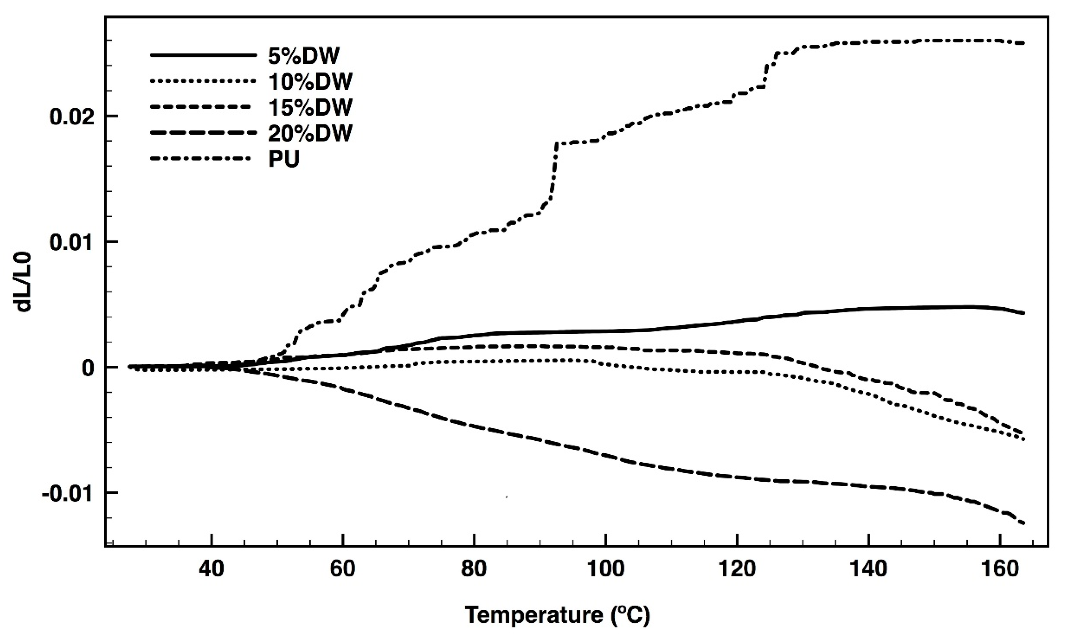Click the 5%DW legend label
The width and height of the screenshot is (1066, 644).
(304, 56)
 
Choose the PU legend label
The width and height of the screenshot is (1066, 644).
(284, 160)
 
